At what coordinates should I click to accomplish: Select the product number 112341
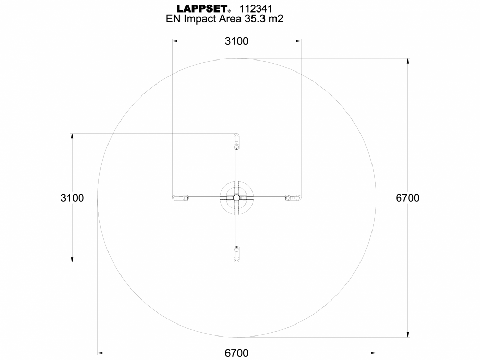[255, 8]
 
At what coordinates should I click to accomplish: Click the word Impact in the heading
[200, 19]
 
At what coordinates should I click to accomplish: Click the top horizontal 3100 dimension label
[236, 41]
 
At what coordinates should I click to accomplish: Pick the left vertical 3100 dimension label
[72, 198]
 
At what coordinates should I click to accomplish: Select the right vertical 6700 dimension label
[407, 198]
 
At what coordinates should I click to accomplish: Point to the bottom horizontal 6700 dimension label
[236, 353]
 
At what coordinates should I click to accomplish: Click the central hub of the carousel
[236, 198]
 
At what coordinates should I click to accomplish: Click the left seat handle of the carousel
[179, 198]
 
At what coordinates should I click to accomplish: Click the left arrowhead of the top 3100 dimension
[175, 41]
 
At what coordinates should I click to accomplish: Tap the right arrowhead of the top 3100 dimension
[298, 41]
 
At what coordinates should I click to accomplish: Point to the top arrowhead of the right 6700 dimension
[408, 62]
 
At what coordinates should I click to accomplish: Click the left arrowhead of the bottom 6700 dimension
[101, 353]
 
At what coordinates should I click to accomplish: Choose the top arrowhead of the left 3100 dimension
[72, 136]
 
